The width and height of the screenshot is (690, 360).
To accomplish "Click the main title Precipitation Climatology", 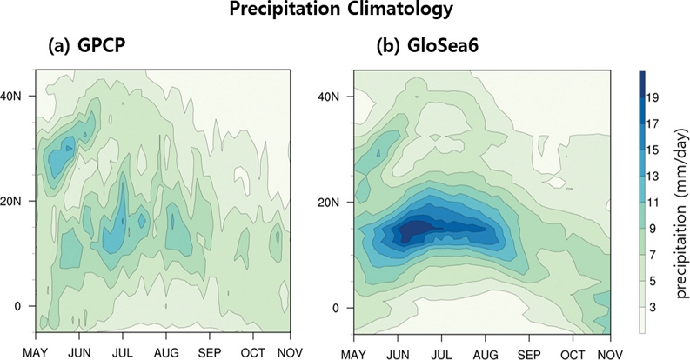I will [345, 11].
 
